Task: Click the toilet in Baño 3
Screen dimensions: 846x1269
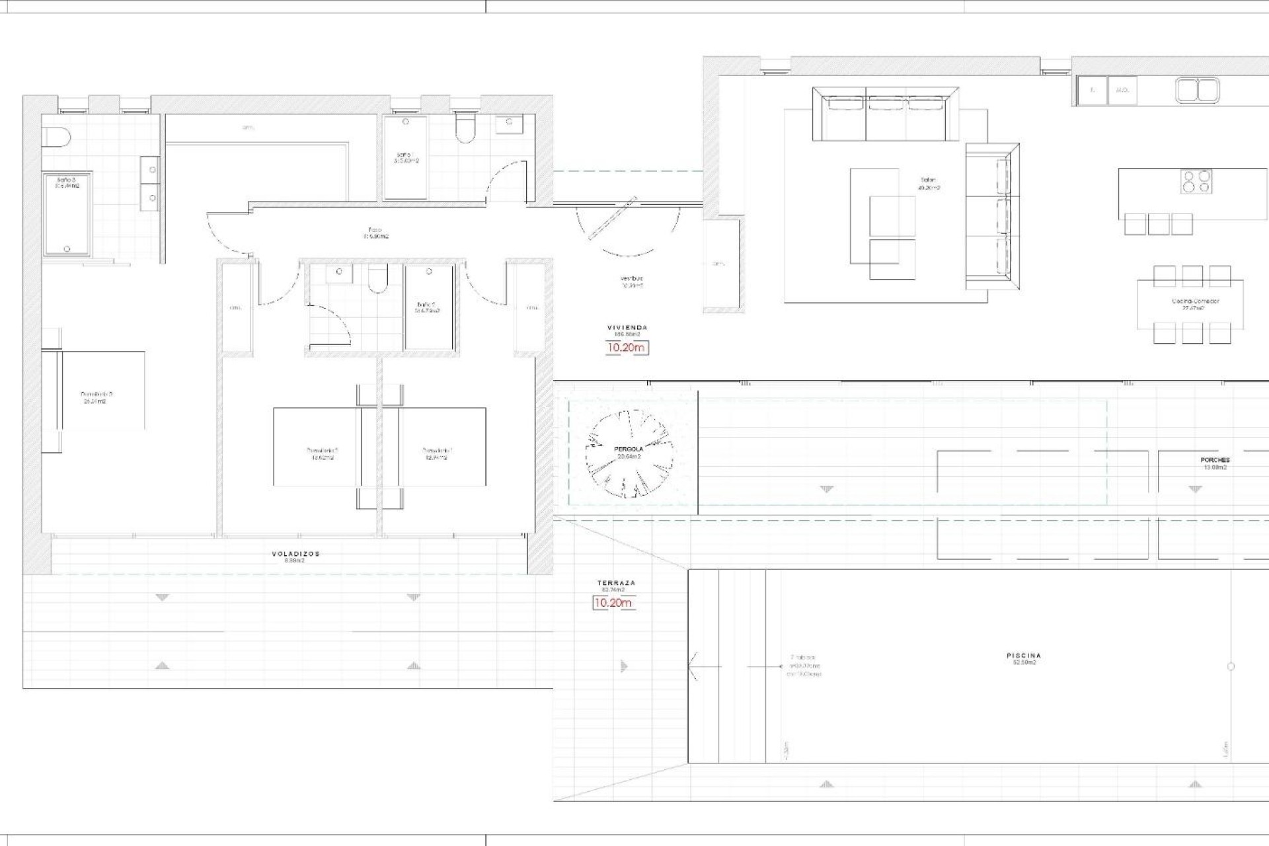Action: point(56,137)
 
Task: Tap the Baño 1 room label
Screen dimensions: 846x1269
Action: point(406,157)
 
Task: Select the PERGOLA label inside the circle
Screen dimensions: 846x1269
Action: point(628,449)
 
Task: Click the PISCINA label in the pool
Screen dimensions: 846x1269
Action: point(1024,656)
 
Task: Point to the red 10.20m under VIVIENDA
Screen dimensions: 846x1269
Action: point(626,348)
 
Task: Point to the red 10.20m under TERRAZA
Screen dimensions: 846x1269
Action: point(613,603)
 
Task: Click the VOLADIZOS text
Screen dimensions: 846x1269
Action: point(295,554)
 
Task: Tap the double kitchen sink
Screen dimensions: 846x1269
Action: point(1197,91)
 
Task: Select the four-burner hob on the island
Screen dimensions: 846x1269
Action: point(1196,181)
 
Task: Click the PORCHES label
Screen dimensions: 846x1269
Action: point(1215,460)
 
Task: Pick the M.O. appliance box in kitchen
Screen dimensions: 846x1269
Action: point(1122,91)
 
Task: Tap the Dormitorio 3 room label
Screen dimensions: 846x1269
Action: point(96,395)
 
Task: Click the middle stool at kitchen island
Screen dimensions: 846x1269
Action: point(1159,224)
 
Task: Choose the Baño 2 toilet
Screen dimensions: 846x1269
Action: point(378,279)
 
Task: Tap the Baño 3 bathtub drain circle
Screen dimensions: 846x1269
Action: point(67,249)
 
